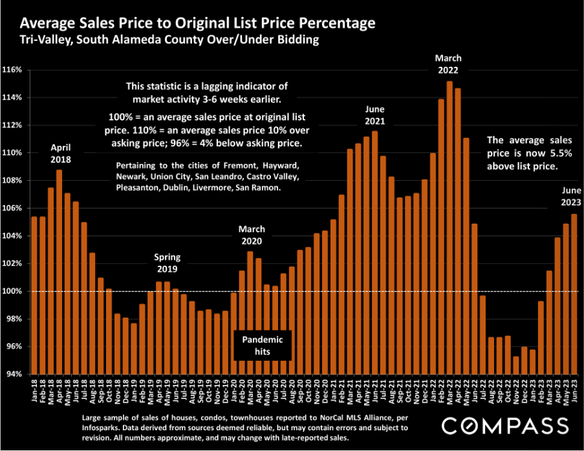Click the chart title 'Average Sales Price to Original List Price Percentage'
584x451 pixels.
(x=197, y=24)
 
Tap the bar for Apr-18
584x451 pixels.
(x=59, y=272)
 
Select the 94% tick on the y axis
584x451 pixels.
(x=14, y=375)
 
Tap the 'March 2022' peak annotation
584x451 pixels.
(x=449, y=64)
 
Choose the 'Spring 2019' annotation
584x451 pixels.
(x=168, y=262)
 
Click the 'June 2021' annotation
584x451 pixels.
(x=374, y=115)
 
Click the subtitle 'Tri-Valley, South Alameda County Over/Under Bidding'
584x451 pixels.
(x=169, y=41)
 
